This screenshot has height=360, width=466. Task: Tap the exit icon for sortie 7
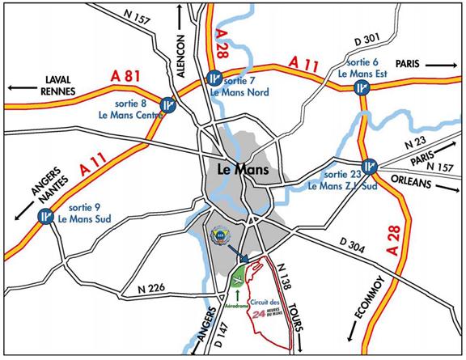click(214, 78)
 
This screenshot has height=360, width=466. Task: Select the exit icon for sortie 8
click(167, 104)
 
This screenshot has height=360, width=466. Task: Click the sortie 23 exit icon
click(370, 166)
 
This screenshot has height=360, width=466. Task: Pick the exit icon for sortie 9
click(46, 216)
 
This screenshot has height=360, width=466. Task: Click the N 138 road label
click(283, 279)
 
